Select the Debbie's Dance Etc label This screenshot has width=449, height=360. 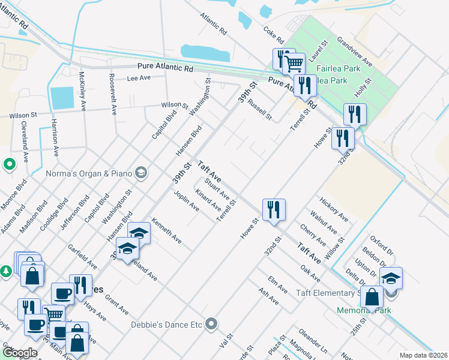166,325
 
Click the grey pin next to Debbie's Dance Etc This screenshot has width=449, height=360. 211,325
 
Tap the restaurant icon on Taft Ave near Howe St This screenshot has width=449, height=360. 274,210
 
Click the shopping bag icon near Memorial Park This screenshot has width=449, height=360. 372,297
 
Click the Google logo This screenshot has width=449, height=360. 19,353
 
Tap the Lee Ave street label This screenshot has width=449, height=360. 138,78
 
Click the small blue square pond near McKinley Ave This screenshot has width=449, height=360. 62,98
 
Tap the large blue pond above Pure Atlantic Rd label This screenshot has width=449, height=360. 205,53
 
